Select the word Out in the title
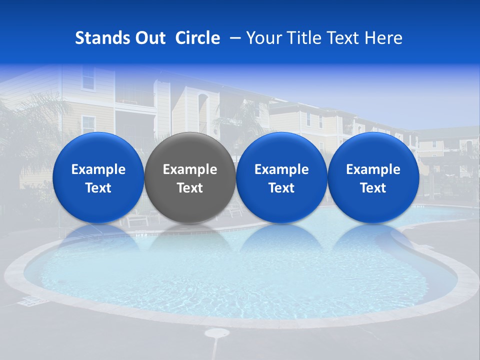coord(148,38)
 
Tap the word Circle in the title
coord(197,38)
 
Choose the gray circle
coord(190,177)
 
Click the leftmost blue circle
coord(98,177)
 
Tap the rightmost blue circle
coord(373,177)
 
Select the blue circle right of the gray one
coord(281,177)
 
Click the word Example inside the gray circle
coord(190,169)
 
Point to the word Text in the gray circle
coord(190,188)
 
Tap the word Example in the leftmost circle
coord(98,169)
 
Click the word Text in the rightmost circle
coord(373,188)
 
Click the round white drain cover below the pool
coord(216,332)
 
